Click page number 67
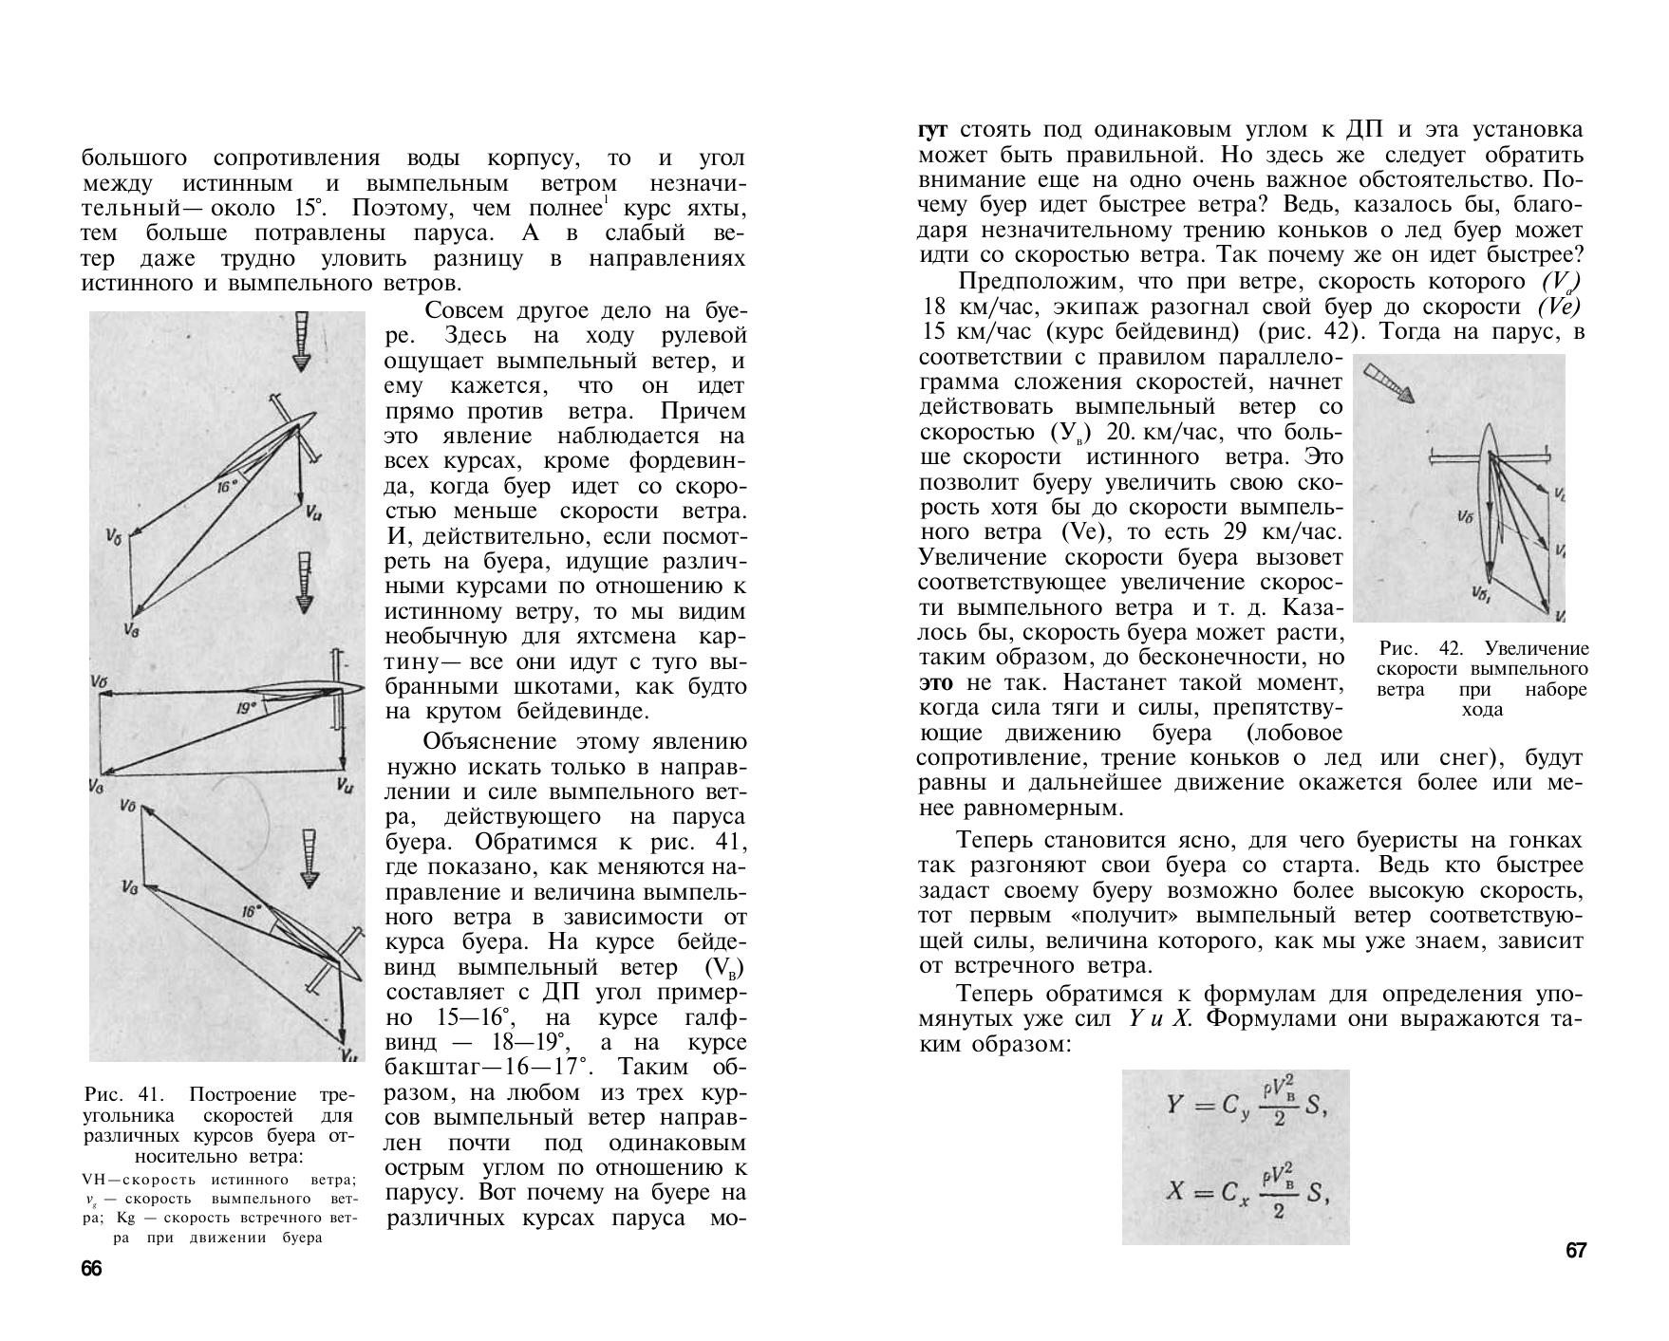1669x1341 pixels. (x=1575, y=1251)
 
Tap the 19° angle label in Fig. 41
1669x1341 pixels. (x=248, y=708)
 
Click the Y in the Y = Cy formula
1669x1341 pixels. (x=1175, y=1105)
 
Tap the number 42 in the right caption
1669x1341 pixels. (x=1452, y=649)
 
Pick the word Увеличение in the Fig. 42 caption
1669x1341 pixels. (x=1536, y=649)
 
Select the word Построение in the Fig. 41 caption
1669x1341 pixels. (x=244, y=1095)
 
